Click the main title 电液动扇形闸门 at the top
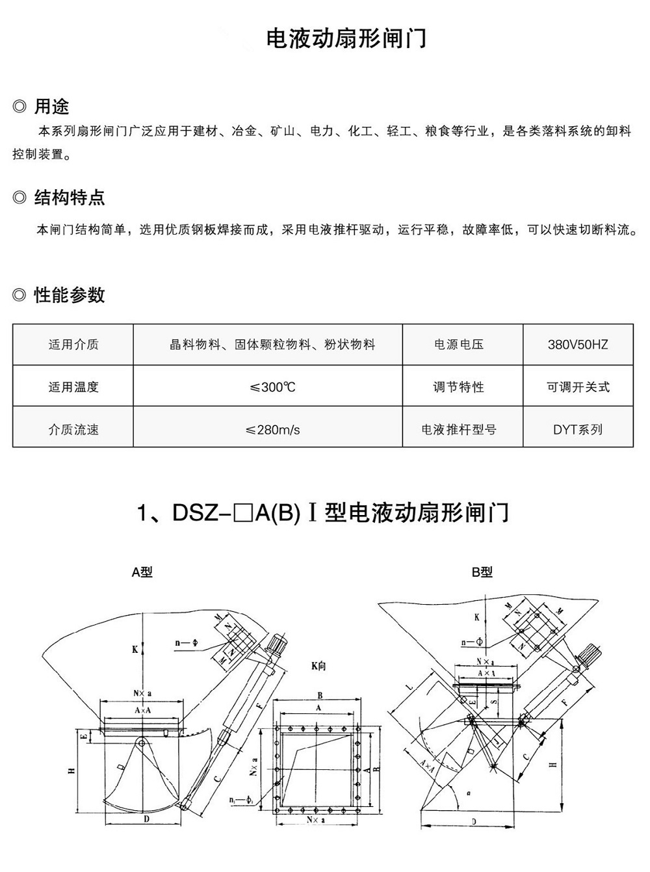click(x=346, y=38)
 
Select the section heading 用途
click(x=51, y=106)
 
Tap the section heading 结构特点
click(x=69, y=198)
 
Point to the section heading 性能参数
click(x=69, y=295)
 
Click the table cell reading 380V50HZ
click(x=577, y=345)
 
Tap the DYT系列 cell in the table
click(x=577, y=430)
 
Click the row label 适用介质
click(x=73, y=345)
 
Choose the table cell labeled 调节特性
click(x=458, y=387)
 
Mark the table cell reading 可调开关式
click(x=577, y=387)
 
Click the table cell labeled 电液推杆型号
click(x=458, y=430)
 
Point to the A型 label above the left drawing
click(x=142, y=572)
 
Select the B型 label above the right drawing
click(x=482, y=572)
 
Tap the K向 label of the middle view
click(x=318, y=666)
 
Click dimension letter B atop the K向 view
click(x=320, y=695)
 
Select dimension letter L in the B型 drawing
click(x=408, y=687)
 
